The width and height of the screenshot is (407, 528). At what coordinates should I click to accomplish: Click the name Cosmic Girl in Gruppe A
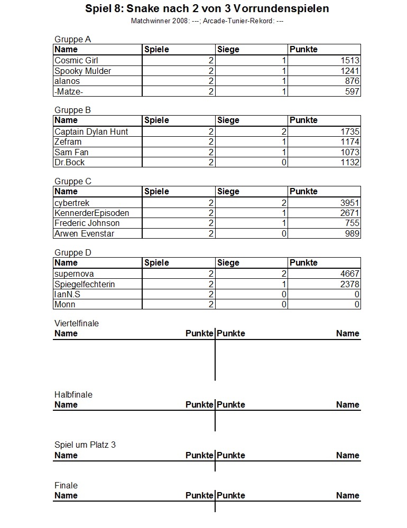click(x=77, y=61)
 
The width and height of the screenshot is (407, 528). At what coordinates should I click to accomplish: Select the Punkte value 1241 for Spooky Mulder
click(x=350, y=71)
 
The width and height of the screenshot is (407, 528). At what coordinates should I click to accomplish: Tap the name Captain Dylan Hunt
click(x=91, y=132)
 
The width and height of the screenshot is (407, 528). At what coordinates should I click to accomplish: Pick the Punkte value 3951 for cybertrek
click(x=350, y=203)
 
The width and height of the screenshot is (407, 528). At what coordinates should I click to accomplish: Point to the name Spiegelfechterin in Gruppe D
click(x=85, y=285)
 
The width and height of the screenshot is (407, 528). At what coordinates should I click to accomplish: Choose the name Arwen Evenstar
click(x=84, y=234)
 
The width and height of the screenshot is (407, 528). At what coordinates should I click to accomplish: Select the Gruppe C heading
click(x=73, y=182)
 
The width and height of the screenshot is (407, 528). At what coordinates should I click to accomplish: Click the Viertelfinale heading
click(x=77, y=324)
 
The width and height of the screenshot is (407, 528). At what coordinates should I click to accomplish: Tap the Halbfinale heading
click(x=73, y=395)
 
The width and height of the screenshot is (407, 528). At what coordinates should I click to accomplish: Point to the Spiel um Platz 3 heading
click(x=85, y=445)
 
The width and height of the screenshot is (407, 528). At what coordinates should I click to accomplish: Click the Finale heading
click(x=66, y=486)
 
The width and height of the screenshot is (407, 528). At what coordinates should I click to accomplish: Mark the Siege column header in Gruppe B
click(x=228, y=120)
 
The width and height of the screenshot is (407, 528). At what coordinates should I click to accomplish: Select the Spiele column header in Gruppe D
click(x=156, y=263)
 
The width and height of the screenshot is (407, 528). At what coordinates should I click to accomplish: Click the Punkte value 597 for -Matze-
click(x=353, y=92)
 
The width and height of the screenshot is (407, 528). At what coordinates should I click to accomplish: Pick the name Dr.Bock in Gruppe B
click(x=70, y=163)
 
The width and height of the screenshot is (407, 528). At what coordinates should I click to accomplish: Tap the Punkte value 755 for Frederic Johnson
click(x=353, y=223)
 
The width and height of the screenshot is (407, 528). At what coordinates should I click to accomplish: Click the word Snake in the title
click(x=141, y=9)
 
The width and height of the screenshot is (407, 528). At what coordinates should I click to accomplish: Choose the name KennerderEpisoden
click(x=92, y=213)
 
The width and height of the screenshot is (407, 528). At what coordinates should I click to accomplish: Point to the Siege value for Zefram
click(x=284, y=142)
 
